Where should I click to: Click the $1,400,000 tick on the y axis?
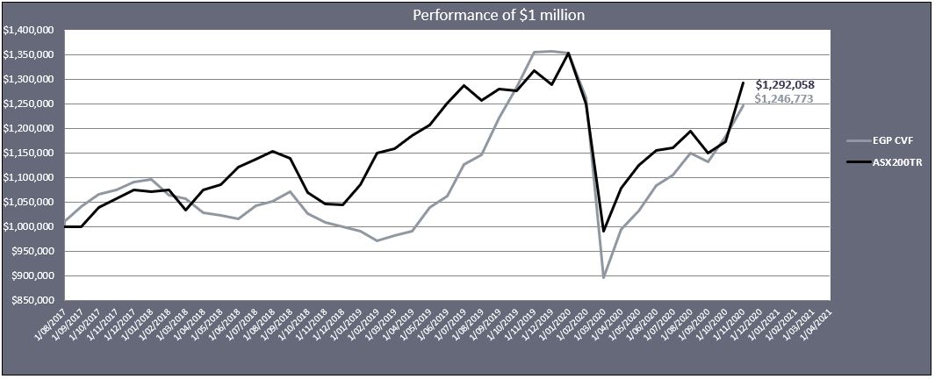pos(29,30)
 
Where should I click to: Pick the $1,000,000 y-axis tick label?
pos(29,227)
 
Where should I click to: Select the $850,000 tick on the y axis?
pos(32,301)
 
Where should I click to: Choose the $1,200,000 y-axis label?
pos(29,129)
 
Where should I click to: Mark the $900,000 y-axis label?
pos(32,276)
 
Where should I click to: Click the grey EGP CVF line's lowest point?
pos(604,277)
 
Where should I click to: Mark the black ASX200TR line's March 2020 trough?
pos(604,232)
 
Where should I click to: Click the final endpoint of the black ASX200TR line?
pos(744,83)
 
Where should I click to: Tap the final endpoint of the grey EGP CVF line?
pos(744,105)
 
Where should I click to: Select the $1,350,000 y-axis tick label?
pos(29,54)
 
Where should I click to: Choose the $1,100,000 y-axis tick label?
pos(29,178)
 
